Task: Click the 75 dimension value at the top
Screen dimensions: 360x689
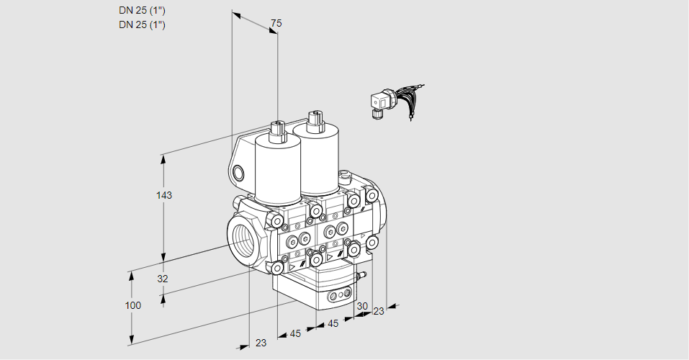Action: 276,24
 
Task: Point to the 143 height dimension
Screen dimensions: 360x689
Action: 165,195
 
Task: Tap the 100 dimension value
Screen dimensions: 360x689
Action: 132,305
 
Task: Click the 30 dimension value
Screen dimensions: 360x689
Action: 361,306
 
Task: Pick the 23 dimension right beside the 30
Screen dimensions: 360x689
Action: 379,311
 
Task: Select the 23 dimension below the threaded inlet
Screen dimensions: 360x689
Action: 261,343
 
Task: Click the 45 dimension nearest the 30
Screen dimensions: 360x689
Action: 333,323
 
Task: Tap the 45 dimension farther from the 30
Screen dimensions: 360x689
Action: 295,333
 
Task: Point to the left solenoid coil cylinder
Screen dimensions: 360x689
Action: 278,170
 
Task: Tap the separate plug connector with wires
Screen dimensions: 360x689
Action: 382,102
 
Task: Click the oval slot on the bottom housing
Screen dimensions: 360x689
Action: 338,295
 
